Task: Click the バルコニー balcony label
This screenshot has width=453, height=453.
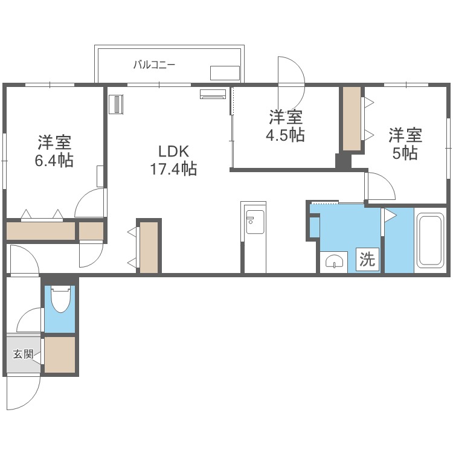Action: click(154, 65)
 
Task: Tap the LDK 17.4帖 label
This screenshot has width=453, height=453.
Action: click(173, 160)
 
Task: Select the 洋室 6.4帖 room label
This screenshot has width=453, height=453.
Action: click(54, 151)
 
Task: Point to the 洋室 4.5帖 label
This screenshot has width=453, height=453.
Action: click(286, 126)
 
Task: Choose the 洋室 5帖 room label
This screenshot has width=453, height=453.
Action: click(405, 144)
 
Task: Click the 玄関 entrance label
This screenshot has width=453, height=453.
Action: click(23, 353)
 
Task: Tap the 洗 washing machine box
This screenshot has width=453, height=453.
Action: click(367, 259)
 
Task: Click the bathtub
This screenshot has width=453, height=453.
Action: click(431, 240)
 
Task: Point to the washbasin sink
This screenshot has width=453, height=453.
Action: click(334, 262)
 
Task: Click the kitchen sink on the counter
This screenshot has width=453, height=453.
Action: click(254, 222)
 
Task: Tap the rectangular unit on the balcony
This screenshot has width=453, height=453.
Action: click(225, 73)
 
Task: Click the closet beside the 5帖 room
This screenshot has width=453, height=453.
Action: click(352, 118)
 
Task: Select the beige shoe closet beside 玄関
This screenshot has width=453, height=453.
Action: click(60, 355)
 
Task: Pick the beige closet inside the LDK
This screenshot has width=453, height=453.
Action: click(149, 247)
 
